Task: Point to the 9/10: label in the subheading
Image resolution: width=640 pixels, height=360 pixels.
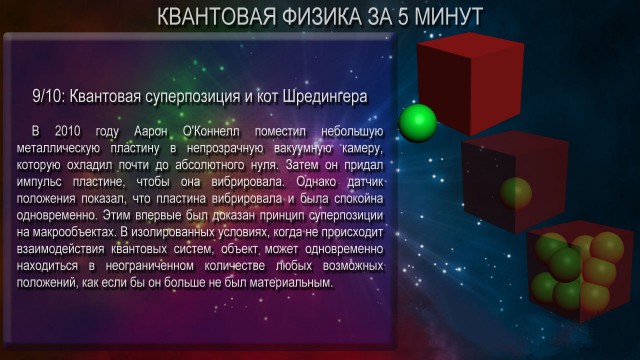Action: tap(47, 97)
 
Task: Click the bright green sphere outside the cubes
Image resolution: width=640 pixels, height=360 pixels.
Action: tap(418, 122)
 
